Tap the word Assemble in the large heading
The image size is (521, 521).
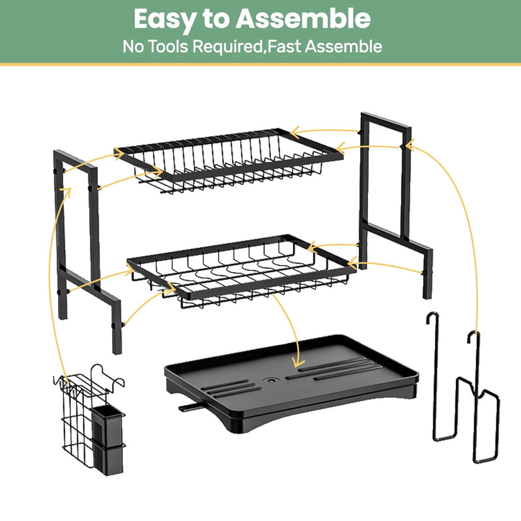point(303,20)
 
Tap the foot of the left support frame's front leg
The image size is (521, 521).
point(117,348)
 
